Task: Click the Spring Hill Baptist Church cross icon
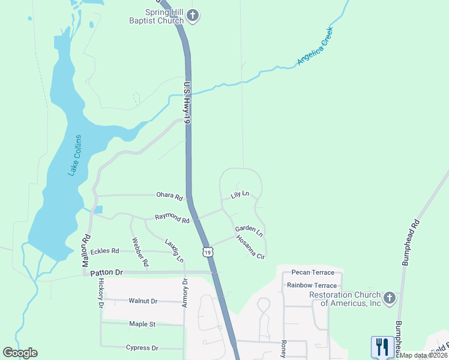[x=192, y=16]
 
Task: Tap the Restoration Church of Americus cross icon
[x=389, y=298]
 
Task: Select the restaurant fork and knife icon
[x=382, y=347]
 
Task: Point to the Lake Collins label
[x=75, y=155]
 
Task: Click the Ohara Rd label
[x=169, y=196]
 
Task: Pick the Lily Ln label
[x=240, y=196]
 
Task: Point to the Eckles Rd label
[x=105, y=251]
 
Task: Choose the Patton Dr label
[x=106, y=272]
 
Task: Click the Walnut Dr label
[x=143, y=301]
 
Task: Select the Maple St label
[x=142, y=324]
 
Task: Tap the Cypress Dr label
[x=142, y=347]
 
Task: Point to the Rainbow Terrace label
[x=312, y=285]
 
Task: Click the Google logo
[x=20, y=353]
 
